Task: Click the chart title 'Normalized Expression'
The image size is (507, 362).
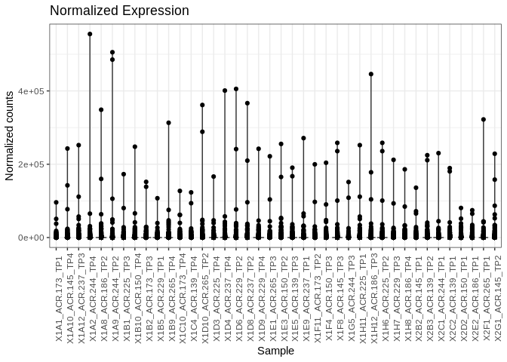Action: click(x=119, y=11)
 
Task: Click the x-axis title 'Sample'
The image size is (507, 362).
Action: click(x=275, y=351)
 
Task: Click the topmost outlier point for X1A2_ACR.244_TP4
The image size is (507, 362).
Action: click(x=90, y=34)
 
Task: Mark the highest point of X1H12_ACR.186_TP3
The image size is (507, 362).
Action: click(x=371, y=74)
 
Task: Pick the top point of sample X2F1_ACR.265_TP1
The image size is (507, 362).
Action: click(x=484, y=119)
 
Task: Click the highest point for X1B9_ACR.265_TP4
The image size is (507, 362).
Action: click(x=168, y=122)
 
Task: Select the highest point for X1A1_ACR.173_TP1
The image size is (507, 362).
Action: click(x=56, y=202)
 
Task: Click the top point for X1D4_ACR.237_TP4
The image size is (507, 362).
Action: click(x=225, y=90)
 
